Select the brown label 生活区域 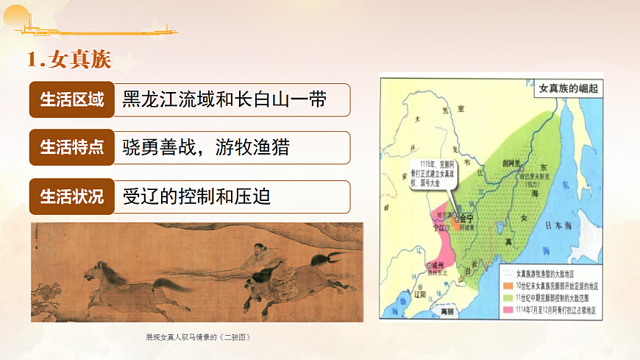(x=71, y=100)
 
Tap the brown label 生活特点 (x=71, y=147)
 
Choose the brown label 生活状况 (x=71, y=197)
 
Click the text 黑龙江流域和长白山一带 (x=224, y=100)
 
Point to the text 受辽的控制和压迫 (x=196, y=197)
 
